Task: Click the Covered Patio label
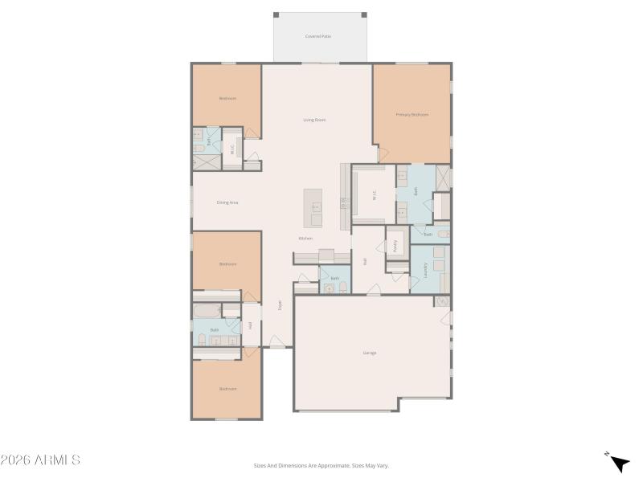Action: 318,36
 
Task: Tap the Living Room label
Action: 314,120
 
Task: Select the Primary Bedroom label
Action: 412,115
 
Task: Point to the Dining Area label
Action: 227,202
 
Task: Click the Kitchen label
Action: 305,239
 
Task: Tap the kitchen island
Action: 313,208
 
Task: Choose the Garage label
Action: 369,353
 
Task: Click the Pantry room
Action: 395,246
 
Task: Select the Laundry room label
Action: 425,271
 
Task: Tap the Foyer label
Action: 280,305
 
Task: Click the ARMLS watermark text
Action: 40,460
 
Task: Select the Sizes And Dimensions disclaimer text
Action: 321,465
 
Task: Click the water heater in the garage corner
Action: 441,301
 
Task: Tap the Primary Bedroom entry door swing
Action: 380,152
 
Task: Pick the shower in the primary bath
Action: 442,177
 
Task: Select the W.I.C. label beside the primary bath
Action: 374,194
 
